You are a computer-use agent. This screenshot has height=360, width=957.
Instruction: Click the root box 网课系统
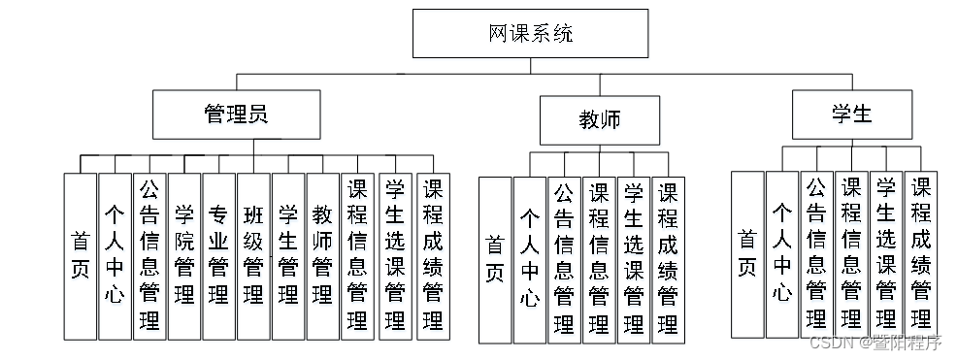[530, 35]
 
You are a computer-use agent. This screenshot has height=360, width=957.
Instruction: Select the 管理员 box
[236, 114]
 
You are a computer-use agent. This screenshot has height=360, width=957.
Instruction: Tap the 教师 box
[599, 120]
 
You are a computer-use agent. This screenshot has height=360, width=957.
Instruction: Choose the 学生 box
[851, 114]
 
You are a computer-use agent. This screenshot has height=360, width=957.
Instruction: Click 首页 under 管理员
[81, 256]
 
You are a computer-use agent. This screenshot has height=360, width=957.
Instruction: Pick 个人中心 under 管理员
[115, 256]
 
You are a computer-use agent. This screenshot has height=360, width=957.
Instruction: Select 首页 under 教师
[495, 260]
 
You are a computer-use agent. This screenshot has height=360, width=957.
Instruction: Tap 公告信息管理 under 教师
[564, 260]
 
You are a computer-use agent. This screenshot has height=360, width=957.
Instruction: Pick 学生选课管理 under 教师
[633, 260]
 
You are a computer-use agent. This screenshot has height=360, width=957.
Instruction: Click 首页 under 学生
[746, 254]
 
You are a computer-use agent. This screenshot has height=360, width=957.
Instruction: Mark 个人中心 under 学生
[781, 254]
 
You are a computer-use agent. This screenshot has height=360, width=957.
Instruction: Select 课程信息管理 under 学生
[851, 254]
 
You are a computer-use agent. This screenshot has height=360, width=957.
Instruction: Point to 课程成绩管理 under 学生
[920, 254]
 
